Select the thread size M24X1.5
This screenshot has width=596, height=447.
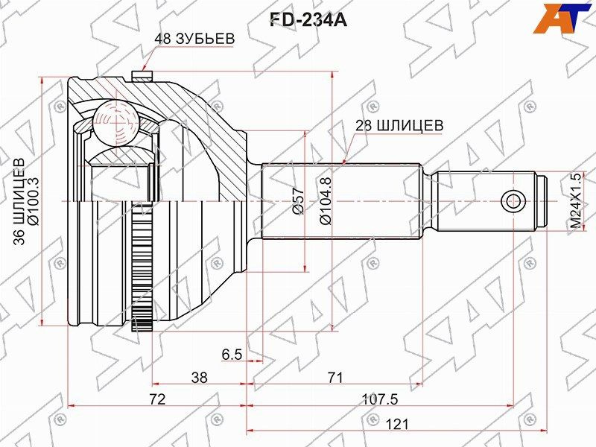(574, 202)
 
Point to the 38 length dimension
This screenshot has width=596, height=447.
(199, 378)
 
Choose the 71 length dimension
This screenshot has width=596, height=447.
(335, 378)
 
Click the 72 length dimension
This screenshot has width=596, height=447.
(156, 399)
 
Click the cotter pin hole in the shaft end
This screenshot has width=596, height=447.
(512, 200)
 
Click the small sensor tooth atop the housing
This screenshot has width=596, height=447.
(139, 75)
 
